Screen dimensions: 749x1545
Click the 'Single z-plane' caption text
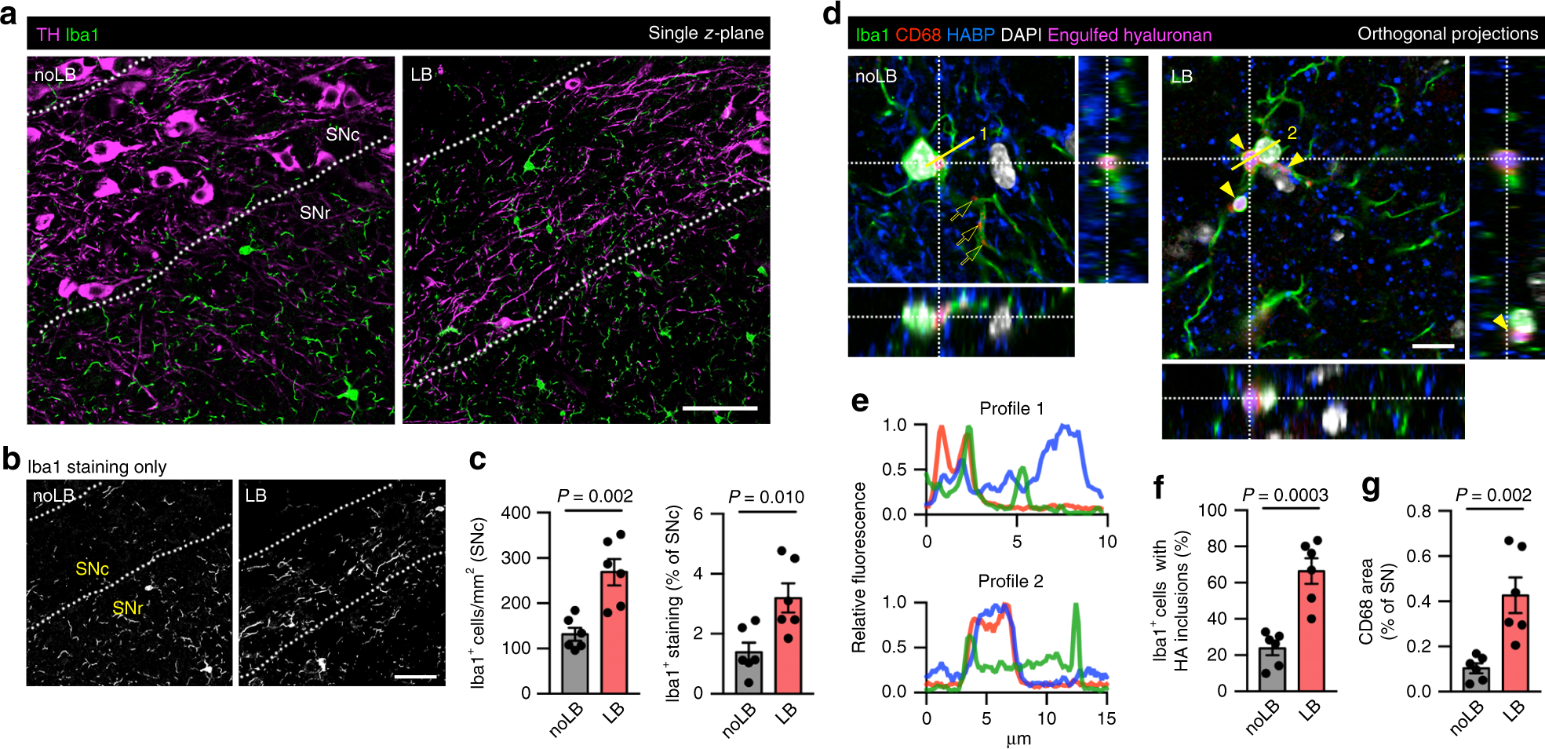point(705,33)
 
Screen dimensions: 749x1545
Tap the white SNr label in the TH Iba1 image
point(315,213)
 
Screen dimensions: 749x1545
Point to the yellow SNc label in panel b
point(92,568)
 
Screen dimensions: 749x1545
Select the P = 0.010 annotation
point(766,497)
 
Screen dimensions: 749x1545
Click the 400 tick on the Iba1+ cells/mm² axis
point(516,513)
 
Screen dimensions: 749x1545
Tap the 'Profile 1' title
point(1011,408)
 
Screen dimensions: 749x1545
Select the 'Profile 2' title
point(1011,581)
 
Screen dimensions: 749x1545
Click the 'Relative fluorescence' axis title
point(859,567)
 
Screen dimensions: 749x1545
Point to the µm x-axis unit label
point(1018,739)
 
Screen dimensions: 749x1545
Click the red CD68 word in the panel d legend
point(917,35)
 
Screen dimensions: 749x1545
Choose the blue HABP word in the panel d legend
point(970,35)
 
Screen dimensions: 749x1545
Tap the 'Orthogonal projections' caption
point(1447,34)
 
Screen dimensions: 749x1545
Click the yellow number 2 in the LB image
point(1292,133)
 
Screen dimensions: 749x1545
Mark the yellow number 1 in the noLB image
point(982,134)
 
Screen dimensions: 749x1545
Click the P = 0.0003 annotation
point(1285,495)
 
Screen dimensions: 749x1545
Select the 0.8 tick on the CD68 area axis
point(1418,511)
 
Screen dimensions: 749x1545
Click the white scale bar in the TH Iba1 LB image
point(720,408)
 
